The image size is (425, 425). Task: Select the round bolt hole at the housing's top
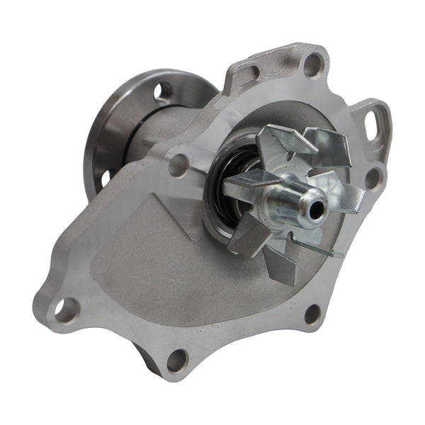[x=312, y=66]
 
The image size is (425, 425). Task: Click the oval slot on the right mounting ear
[x=373, y=126]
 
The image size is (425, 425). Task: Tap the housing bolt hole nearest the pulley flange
[x=178, y=164]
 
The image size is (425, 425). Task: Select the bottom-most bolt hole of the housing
[x=176, y=361]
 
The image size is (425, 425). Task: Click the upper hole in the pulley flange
[x=162, y=90]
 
